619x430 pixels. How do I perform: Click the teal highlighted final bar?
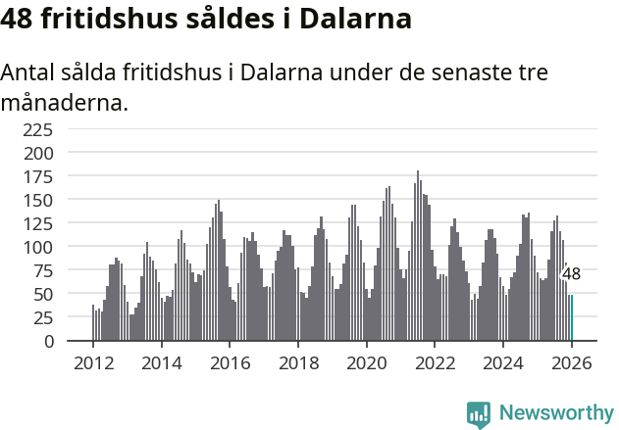[571, 317]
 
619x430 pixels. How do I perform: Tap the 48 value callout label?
[571, 274]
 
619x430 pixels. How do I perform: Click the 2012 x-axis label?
[93, 362]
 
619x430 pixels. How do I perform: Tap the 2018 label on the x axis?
[298, 362]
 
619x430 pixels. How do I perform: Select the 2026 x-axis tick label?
[572, 362]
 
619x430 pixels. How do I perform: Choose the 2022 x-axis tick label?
[435, 362]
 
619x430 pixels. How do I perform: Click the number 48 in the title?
[22, 20]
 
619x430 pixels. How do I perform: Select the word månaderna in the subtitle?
[65, 102]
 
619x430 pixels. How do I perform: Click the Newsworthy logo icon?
[479, 413]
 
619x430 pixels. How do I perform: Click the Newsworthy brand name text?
[556, 413]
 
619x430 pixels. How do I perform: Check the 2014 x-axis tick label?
[162, 362]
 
